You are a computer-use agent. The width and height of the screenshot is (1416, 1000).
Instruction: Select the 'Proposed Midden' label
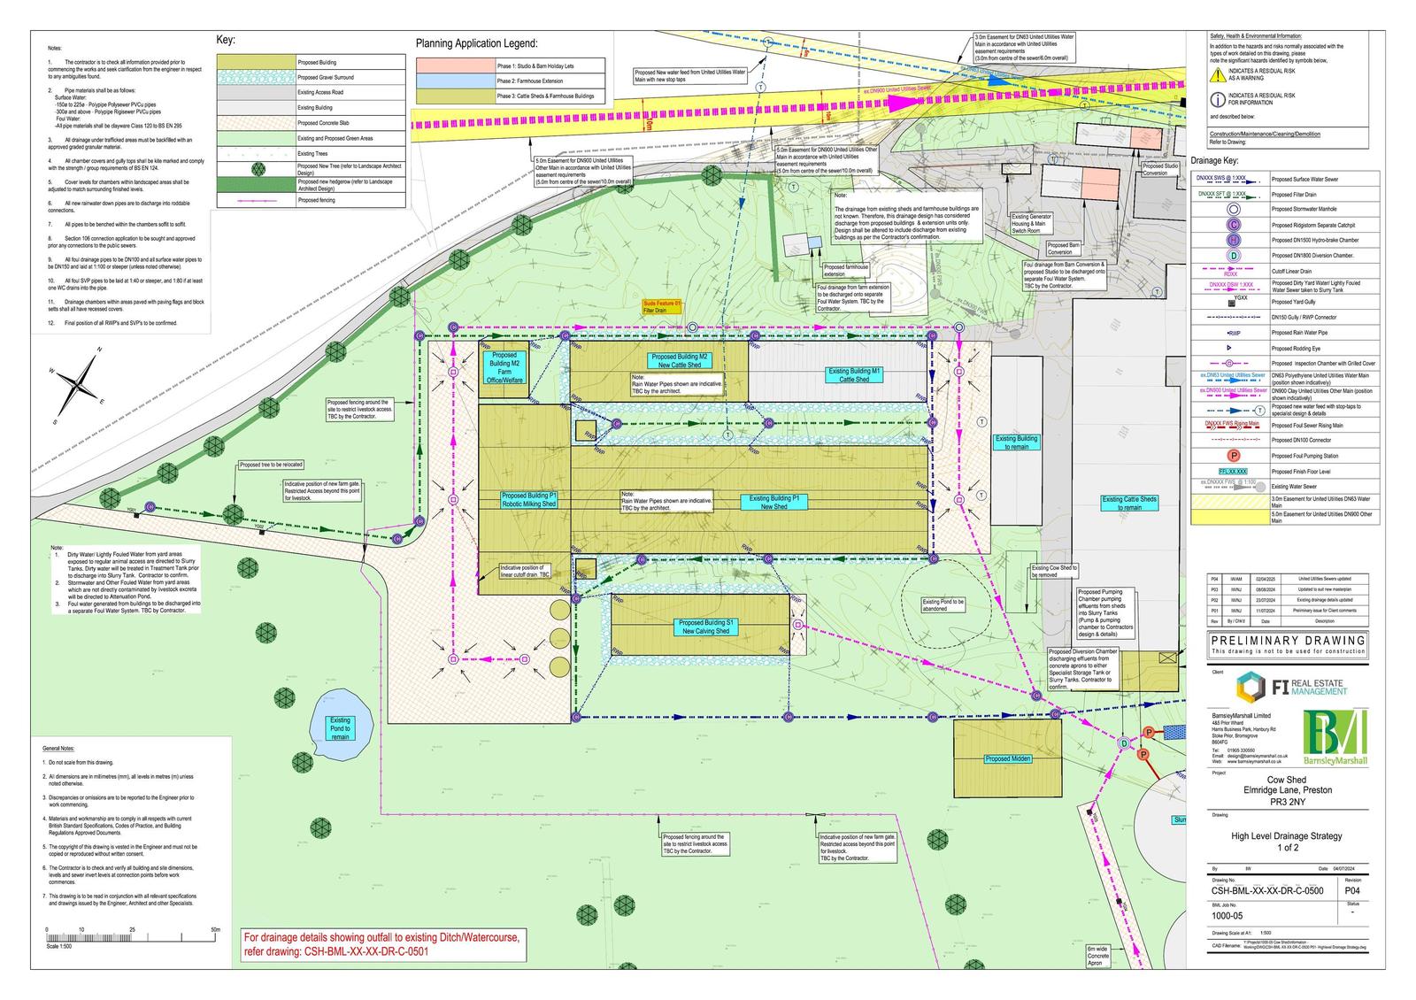pos(1007,758)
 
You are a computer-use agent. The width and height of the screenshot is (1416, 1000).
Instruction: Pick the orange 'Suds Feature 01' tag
pos(661,306)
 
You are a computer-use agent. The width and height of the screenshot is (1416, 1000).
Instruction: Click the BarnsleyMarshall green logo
pos(1335,738)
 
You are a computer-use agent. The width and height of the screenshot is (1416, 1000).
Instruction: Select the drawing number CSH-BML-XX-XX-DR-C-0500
pos(1266,891)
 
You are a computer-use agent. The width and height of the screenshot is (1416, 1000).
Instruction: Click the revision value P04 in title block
pos(1352,891)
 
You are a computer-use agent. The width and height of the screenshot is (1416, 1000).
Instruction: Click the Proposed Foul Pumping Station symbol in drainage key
pos(1234,456)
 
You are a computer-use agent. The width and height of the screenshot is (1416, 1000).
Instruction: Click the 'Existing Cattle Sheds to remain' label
pos(1129,503)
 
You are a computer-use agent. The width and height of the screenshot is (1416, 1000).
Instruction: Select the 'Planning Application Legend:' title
pos(476,43)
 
